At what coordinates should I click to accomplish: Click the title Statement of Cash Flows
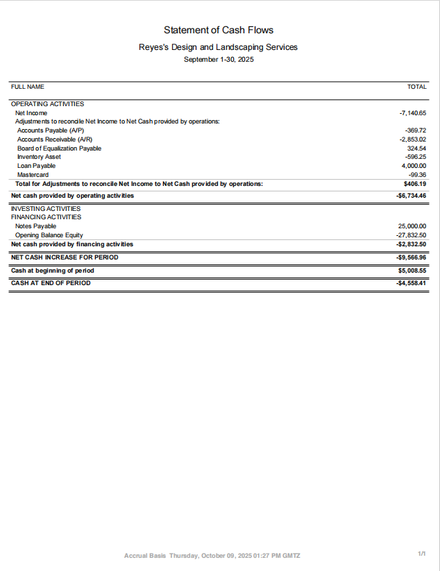tap(219, 30)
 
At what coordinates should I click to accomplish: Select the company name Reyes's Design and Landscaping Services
tap(219, 47)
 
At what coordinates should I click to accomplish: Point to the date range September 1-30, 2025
tap(219, 60)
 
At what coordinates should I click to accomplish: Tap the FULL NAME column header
tap(28, 87)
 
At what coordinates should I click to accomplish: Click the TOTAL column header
tap(416, 87)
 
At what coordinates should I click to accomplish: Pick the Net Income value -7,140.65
tap(412, 112)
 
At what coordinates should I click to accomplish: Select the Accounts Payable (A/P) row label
tap(51, 130)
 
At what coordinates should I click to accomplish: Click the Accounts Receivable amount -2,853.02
tap(412, 139)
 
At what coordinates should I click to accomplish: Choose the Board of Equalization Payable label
tap(59, 148)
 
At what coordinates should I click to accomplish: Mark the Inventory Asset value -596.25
tap(415, 157)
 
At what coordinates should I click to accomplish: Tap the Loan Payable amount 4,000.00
tap(414, 166)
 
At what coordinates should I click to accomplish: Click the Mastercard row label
tap(33, 175)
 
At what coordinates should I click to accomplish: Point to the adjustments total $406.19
tap(414, 184)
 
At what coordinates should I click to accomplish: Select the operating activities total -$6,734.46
tap(411, 196)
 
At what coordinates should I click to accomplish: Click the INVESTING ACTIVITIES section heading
tap(46, 208)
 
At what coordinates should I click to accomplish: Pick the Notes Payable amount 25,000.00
tap(412, 226)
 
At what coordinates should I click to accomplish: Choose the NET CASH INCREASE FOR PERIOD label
tap(65, 257)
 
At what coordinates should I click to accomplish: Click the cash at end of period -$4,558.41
tap(411, 283)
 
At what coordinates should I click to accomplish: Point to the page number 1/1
tap(421, 554)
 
